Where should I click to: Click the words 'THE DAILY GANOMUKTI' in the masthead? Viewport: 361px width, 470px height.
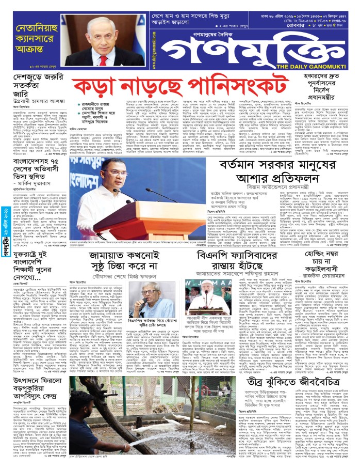(320, 66)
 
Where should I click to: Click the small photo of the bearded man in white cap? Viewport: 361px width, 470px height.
(201, 295)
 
